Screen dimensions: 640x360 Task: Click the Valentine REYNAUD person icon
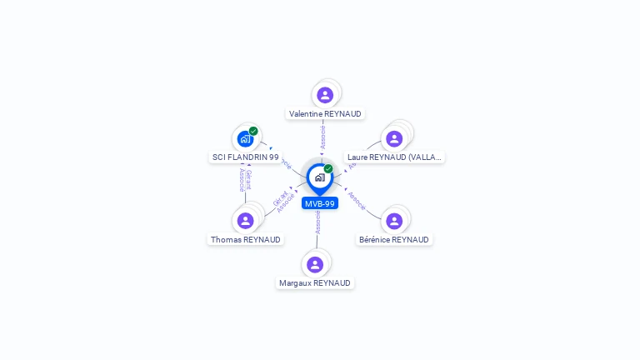[x=325, y=95]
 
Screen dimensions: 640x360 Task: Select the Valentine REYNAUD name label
[x=325, y=113]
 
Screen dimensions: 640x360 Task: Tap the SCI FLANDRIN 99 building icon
[x=244, y=139]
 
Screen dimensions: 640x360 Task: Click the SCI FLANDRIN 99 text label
[x=245, y=157]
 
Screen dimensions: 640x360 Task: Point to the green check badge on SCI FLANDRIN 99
[x=253, y=131]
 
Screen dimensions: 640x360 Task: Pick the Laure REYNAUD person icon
[x=394, y=139]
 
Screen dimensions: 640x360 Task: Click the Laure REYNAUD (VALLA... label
[x=394, y=157]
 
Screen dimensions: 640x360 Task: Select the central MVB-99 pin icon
[x=319, y=177]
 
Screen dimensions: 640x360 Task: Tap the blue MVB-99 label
[x=320, y=203]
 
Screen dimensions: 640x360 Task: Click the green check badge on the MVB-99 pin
[x=328, y=168]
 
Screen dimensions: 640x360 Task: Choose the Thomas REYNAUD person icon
[x=245, y=221]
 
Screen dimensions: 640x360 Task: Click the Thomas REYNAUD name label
[x=245, y=239]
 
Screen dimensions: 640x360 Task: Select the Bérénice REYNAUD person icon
[x=394, y=221]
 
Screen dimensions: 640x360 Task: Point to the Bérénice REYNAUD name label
[x=394, y=239]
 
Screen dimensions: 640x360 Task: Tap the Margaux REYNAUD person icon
[x=315, y=265]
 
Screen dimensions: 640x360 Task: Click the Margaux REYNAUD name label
[x=315, y=283]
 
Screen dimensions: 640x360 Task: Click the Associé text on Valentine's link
[x=323, y=137]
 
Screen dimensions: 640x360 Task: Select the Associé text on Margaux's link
[x=317, y=222]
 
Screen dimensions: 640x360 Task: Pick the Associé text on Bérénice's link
[x=357, y=200]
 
